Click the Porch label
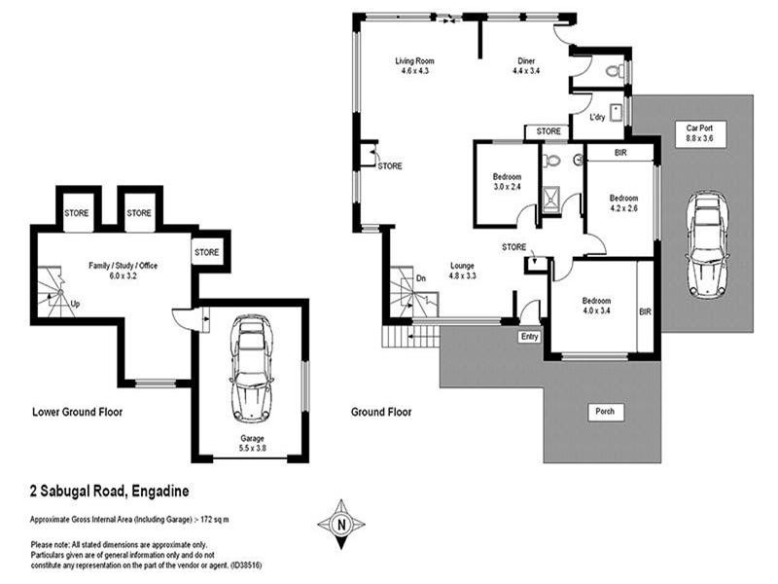pyautogui.click(x=604, y=411)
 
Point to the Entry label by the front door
pyautogui.click(x=529, y=336)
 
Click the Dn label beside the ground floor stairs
pyautogui.click(x=419, y=278)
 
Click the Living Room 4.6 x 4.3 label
pyautogui.click(x=412, y=66)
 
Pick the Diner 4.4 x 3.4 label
pyautogui.click(x=525, y=66)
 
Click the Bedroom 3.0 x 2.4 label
pyautogui.click(x=508, y=181)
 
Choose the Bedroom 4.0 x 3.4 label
pyautogui.click(x=595, y=306)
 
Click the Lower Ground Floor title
pyautogui.click(x=77, y=412)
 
